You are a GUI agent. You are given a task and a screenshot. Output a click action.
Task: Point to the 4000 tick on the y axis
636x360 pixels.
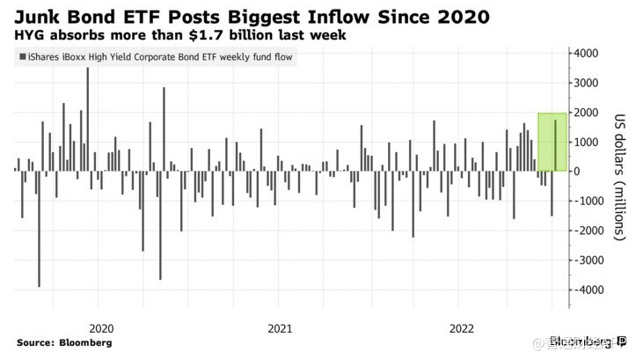pyautogui.click(x=587, y=54)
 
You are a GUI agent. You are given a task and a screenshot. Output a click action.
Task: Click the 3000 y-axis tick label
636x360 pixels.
pyautogui.click(x=587, y=83)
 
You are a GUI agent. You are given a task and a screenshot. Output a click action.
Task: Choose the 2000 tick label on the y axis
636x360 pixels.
pyautogui.click(x=587, y=113)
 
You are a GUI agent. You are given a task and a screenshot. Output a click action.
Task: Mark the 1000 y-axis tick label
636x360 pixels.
pyautogui.click(x=587, y=142)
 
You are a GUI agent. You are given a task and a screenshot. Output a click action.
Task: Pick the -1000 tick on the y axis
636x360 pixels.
pyautogui.click(x=586, y=201)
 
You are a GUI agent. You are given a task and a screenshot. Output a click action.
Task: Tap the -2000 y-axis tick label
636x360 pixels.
pyautogui.click(x=586, y=231)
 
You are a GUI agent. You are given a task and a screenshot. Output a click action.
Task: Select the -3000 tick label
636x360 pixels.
pyautogui.click(x=586, y=260)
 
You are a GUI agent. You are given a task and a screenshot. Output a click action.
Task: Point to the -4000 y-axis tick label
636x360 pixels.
pyautogui.click(x=586, y=290)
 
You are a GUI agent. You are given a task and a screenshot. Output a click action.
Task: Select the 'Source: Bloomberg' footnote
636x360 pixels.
pyautogui.click(x=64, y=342)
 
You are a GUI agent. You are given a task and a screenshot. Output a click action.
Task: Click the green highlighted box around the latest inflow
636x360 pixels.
pyautogui.click(x=551, y=142)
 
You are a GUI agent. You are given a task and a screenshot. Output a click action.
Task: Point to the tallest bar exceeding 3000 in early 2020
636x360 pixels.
pyautogui.click(x=87, y=119)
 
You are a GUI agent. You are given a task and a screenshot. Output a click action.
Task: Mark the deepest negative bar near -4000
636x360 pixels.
pyautogui.click(x=39, y=228)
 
